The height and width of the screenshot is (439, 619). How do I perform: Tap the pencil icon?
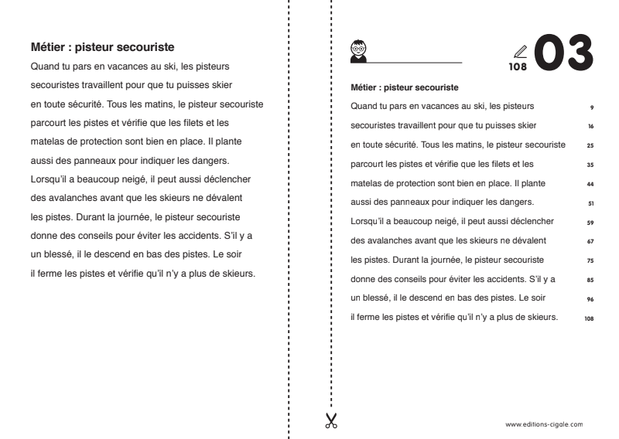coord(520,53)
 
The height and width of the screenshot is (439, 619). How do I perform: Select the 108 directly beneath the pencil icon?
coord(518,67)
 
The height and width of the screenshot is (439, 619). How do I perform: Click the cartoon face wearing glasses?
coord(358,47)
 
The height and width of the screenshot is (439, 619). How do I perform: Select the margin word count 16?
coord(590,126)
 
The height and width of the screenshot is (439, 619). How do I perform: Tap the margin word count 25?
coord(590,145)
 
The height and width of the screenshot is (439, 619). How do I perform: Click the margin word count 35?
coord(590,165)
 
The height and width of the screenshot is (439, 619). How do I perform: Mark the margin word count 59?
coord(590,223)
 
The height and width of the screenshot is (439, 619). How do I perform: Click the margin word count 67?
coord(590,241)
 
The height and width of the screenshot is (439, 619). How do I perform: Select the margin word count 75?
coord(590,260)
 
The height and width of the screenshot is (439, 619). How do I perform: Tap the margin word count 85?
coord(590,280)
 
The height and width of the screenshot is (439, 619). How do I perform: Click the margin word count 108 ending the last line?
coord(590,318)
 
